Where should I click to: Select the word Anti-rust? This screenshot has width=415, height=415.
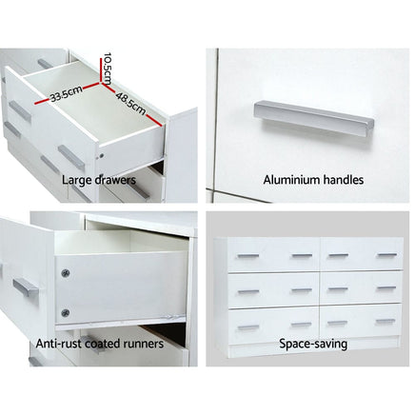pyautogui.click(x=57, y=343)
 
